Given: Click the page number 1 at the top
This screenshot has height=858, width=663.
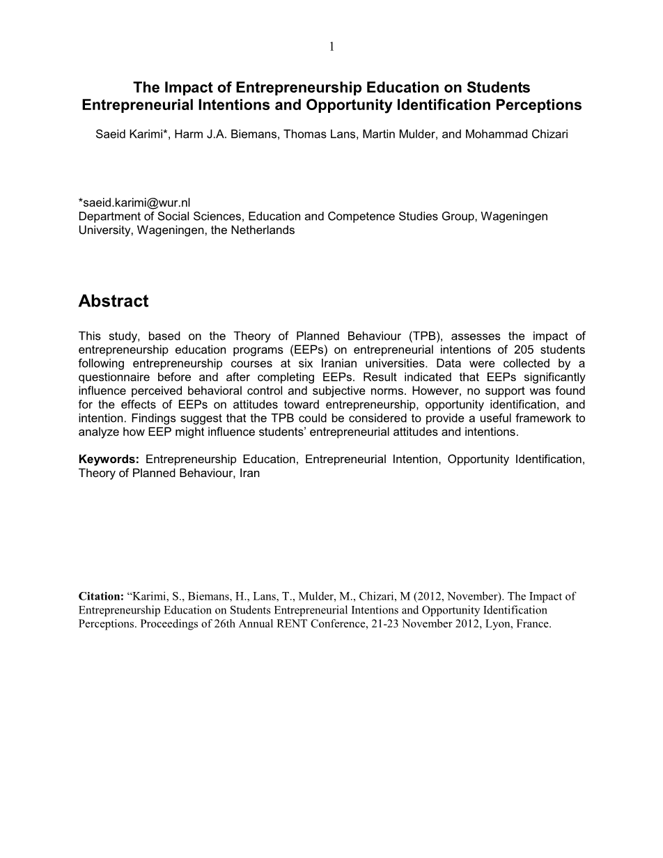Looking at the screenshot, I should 331,47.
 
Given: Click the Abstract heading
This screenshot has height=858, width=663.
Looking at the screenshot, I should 114,302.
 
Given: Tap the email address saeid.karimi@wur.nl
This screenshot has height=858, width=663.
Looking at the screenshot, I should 134,203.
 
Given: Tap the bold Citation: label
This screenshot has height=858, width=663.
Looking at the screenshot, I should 101,597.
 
